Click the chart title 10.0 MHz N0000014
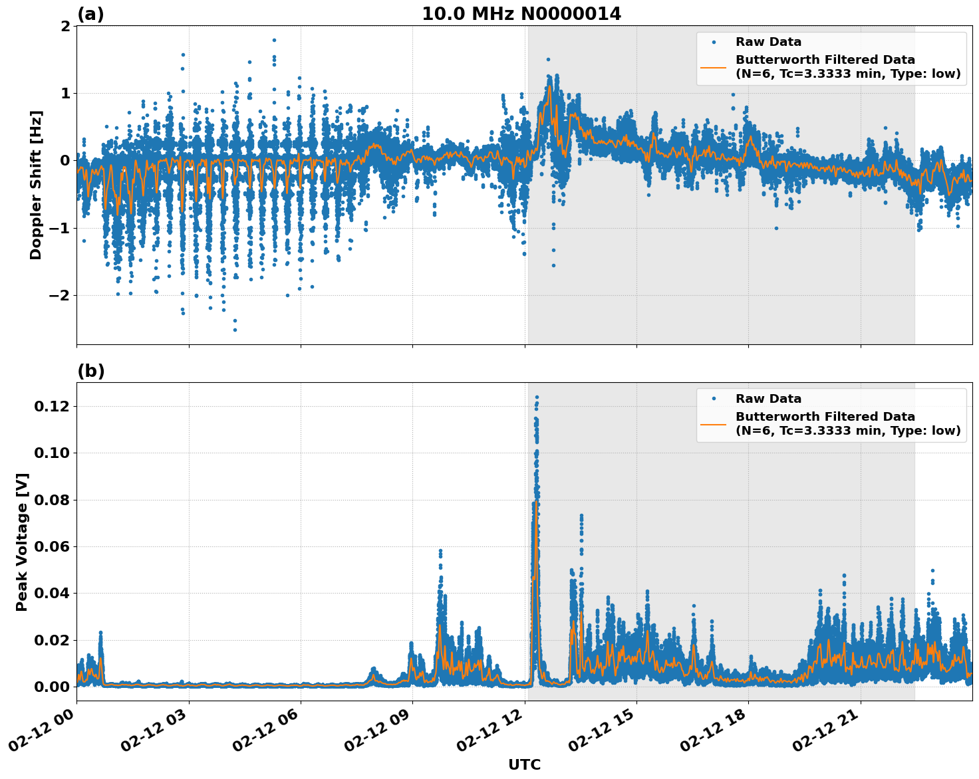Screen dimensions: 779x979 click(x=521, y=14)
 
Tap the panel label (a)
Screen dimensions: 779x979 click(x=90, y=14)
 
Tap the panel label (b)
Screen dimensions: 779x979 click(x=90, y=371)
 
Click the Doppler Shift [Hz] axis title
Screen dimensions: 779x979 click(x=36, y=185)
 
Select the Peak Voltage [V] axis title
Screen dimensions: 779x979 click(x=22, y=542)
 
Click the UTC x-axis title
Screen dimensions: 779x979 click(x=524, y=764)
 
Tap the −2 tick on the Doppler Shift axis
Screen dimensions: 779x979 click(x=56, y=295)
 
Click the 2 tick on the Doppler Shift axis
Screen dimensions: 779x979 click(x=65, y=26)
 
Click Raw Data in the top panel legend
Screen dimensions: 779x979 click(x=768, y=42)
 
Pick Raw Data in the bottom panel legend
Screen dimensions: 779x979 click(x=768, y=399)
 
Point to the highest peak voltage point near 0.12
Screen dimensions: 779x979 click(x=537, y=397)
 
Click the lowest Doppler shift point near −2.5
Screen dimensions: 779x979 click(x=235, y=330)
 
